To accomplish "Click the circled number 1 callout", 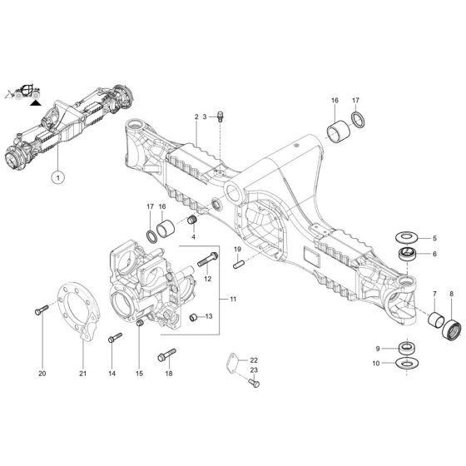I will pos(57,176).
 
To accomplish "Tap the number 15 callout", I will pos(139,374).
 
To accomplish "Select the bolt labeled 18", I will pos(169,354).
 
